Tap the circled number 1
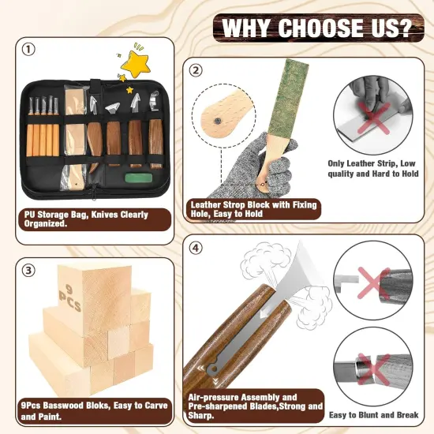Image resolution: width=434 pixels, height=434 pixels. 29,50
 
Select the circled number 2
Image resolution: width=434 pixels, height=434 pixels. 196,69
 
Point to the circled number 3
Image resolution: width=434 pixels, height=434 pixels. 29,271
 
